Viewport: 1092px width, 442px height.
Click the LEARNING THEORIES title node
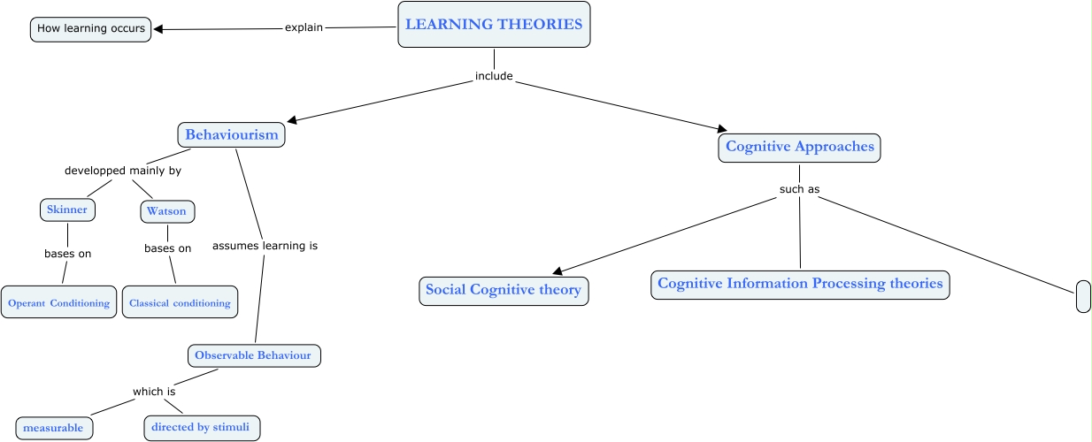point(494,25)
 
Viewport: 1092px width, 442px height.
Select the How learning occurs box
point(91,29)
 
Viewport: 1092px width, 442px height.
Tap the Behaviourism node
point(232,135)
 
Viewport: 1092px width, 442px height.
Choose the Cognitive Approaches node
point(799,147)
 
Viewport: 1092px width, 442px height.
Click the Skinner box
point(67,210)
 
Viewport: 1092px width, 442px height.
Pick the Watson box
point(166,212)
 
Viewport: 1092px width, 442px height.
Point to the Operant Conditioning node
point(58,302)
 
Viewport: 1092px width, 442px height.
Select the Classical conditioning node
point(180,302)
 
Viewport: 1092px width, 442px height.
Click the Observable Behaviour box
point(253,355)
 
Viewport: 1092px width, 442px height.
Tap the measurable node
point(53,428)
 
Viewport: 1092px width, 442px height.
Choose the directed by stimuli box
point(203,428)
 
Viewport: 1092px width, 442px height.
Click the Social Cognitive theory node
point(503,290)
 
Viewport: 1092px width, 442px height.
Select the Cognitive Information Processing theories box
point(800,285)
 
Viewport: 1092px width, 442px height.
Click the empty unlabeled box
point(1083,296)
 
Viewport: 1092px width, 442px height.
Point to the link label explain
point(304,27)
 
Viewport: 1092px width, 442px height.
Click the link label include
point(494,76)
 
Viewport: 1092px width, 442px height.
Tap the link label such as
point(799,189)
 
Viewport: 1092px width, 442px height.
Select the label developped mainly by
point(123,171)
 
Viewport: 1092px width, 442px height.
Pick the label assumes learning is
point(265,246)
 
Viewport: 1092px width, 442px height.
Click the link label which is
point(154,392)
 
